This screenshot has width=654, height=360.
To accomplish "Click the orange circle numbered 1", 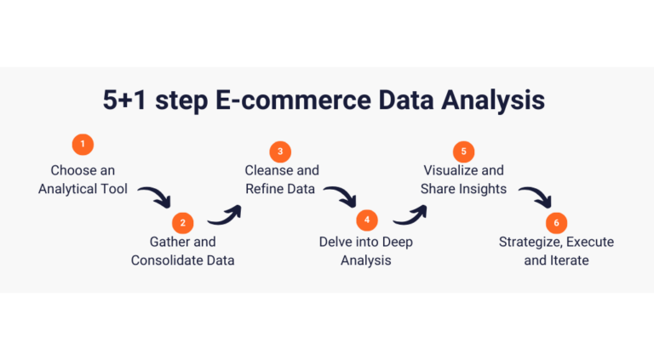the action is coord(83,144).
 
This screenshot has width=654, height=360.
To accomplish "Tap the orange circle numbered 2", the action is coord(183,223).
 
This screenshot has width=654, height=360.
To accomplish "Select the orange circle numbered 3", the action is coord(280,151).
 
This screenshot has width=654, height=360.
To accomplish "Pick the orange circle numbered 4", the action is coord(367,220).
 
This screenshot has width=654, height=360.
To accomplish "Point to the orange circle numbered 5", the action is coord(464,151).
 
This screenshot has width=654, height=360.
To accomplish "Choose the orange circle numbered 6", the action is coord(556,223).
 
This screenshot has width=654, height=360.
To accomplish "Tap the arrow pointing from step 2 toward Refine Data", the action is coord(227,218).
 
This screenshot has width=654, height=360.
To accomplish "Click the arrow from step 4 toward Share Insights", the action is coord(413,218).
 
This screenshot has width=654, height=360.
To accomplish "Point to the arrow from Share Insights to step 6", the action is coord(538,194).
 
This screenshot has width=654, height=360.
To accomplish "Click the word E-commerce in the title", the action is coord(293,100).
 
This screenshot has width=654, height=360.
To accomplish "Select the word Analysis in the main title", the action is coord(493,100).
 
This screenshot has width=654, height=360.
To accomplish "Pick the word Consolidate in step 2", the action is coord(163,260).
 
